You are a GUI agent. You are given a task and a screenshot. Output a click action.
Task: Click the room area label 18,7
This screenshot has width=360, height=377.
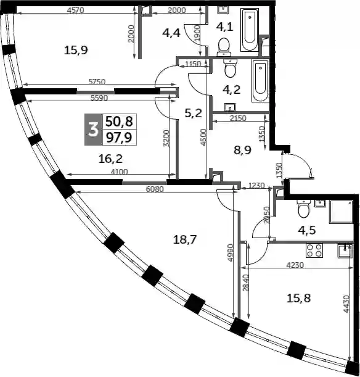pyautogui.click(x=185, y=239)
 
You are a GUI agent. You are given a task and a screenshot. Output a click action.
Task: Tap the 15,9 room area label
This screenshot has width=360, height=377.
pyautogui.click(x=76, y=51)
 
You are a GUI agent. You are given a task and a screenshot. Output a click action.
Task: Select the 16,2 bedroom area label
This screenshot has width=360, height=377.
pyautogui.click(x=111, y=159)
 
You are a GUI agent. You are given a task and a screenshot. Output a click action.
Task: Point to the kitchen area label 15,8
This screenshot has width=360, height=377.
pyautogui.click(x=299, y=299)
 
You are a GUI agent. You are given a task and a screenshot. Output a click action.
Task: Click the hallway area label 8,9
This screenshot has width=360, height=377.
pyautogui.click(x=242, y=151)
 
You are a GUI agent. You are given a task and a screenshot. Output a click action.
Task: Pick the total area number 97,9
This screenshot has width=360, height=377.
pyautogui.click(x=120, y=138)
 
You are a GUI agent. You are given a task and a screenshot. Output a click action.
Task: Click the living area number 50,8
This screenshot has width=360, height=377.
pyautogui.click(x=120, y=122)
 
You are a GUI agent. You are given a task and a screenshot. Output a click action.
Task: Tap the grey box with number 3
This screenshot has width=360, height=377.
pyautogui.click(x=94, y=130)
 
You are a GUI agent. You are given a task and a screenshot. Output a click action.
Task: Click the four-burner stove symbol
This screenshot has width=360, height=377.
pyautogui.click(x=314, y=251)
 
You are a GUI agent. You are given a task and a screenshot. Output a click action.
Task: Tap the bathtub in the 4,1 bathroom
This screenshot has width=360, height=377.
pyautogui.click(x=250, y=30)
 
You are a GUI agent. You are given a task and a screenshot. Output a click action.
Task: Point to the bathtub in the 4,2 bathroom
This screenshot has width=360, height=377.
pyautogui.click(x=260, y=81)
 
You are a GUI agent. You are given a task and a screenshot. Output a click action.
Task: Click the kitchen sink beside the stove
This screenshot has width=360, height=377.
pyautogui.click(x=345, y=251)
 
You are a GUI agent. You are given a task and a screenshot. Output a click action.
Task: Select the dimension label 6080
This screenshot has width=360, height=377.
pyautogui.click(x=155, y=189)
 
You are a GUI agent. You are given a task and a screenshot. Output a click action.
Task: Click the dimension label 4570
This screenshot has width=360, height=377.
pyautogui.click(x=75, y=10)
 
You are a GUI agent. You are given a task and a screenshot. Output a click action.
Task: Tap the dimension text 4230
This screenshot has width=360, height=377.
pyautogui.click(x=295, y=265)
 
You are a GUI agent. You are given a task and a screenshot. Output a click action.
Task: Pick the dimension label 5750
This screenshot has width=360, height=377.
pyautogui.click(x=97, y=81)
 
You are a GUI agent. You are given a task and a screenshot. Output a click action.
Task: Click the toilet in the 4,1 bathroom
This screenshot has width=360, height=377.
pyautogui.click(x=224, y=46)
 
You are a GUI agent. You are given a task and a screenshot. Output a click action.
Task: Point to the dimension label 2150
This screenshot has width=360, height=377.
pyautogui.click(x=238, y=118)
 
